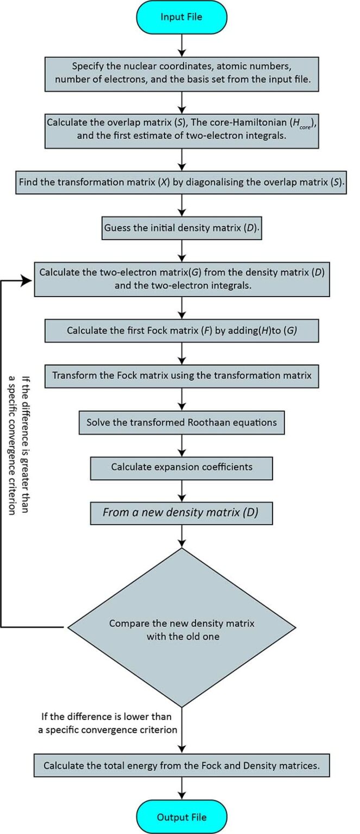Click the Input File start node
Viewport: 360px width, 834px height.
(x=181, y=17)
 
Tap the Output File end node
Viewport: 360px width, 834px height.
(x=181, y=817)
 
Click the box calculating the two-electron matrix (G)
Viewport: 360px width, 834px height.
(x=181, y=280)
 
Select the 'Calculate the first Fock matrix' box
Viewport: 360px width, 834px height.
(x=181, y=330)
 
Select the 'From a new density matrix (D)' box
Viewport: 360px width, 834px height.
(x=181, y=512)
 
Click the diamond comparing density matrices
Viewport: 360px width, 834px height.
(x=181, y=628)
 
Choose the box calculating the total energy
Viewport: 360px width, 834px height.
(x=181, y=767)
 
